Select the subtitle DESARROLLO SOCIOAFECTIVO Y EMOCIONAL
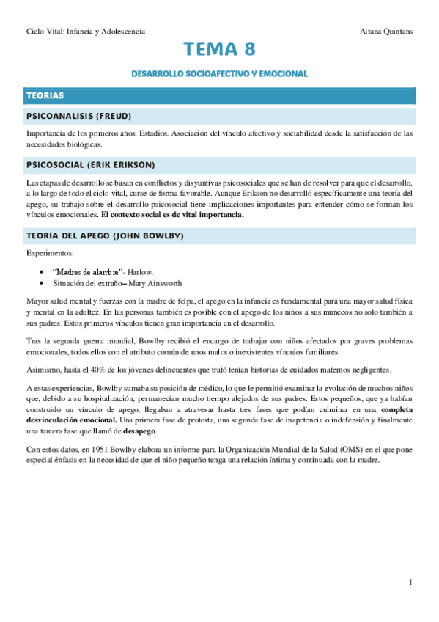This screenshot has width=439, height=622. [x=220, y=74]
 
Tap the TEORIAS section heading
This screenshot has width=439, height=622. [x=45, y=95]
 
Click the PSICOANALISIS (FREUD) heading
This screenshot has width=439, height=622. [x=79, y=117]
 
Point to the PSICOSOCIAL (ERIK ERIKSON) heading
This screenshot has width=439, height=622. [x=89, y=164]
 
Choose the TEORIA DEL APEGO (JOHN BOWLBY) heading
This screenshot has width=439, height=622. [x=105, y=235]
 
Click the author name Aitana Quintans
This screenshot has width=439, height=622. [x=388, y=32]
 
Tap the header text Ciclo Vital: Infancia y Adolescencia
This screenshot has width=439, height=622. [x=85, y=32]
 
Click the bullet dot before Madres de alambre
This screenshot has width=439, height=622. [x=46, y=271]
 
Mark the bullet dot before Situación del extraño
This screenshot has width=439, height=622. [x=46, y=282]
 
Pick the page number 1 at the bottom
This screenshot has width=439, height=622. [x=412, y=582]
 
